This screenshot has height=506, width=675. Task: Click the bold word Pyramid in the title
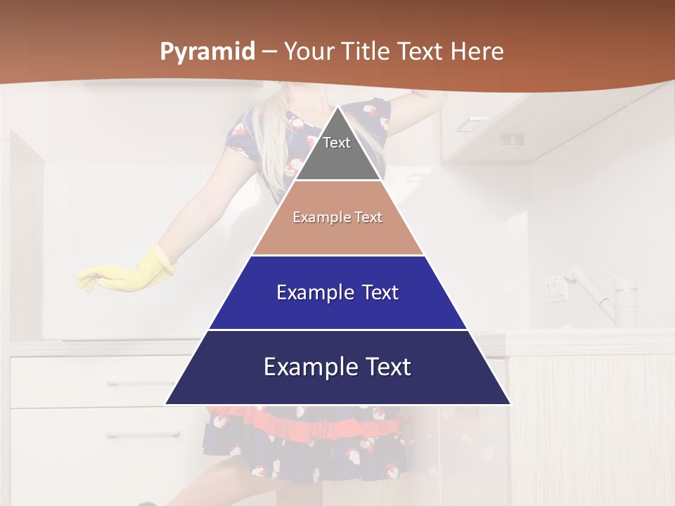(207, 51)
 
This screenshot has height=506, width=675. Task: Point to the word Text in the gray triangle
(337, 143)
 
